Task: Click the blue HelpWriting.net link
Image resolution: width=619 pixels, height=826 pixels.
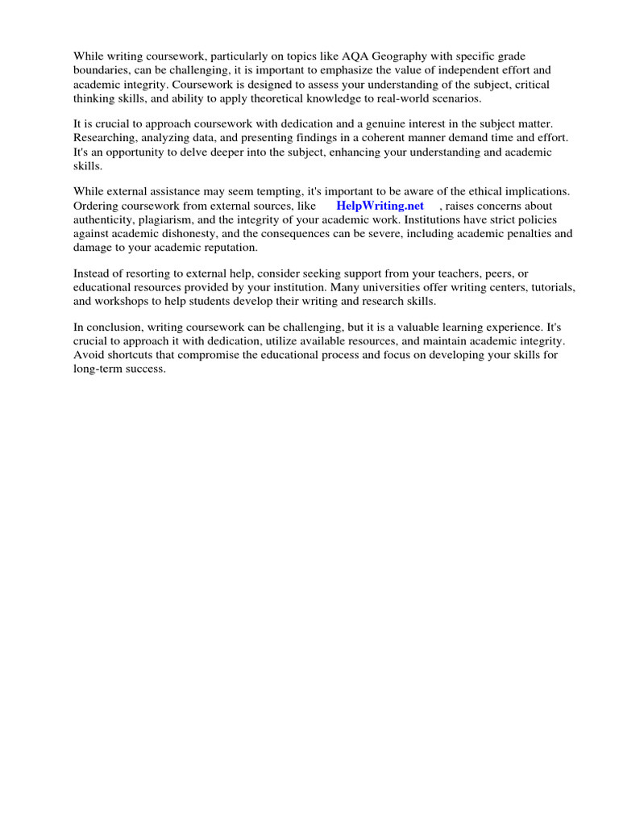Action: coord(380,206)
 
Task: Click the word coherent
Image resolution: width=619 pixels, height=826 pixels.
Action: coord(356,137)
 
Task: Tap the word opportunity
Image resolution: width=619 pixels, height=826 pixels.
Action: coord(137,152)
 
